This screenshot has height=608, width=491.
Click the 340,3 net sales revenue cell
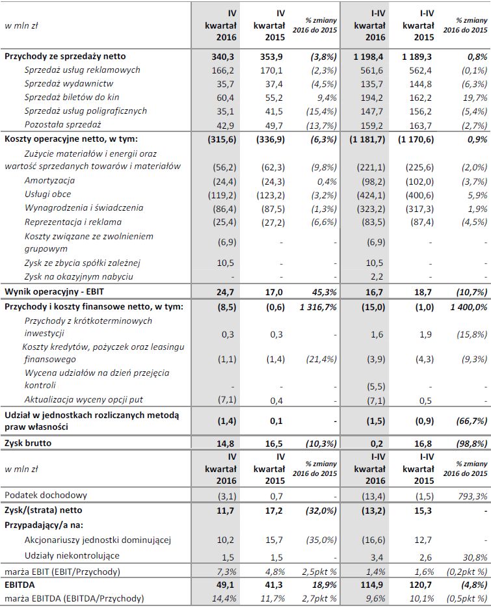[222, 57]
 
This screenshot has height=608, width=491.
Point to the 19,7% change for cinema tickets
[475, 98]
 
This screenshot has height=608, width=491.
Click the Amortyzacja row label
[49, 180]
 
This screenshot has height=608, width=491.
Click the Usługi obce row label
[48, 194]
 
